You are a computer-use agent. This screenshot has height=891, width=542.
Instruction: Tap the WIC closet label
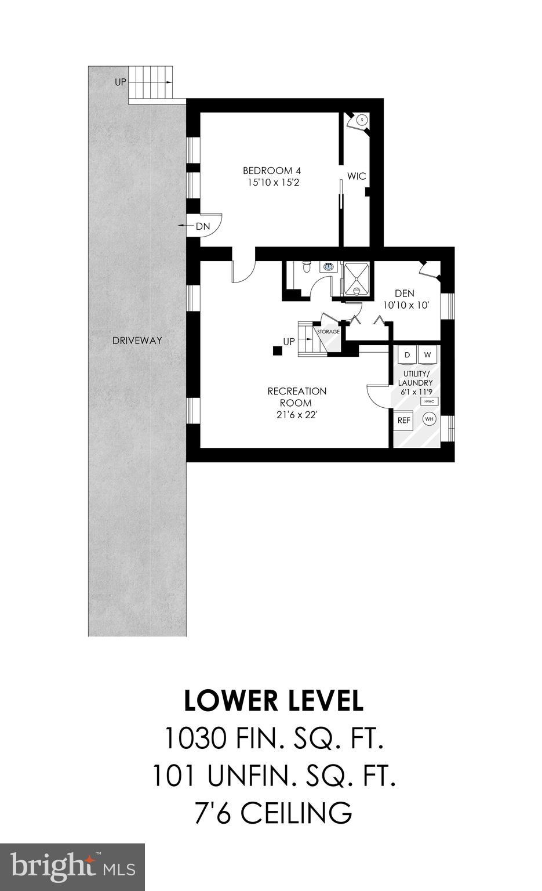point(357,176)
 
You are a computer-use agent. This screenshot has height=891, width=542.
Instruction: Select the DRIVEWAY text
point(137,341)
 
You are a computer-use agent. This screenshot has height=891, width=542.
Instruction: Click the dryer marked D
point(407,354)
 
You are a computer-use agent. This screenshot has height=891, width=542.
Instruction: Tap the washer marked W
point(428,354)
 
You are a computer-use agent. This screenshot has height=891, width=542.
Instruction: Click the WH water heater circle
point(429,419)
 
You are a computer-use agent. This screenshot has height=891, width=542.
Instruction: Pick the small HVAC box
point(429,401)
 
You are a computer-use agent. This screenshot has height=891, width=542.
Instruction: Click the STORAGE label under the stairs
point(328,332)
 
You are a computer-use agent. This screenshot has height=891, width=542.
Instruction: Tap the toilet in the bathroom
point(307,268)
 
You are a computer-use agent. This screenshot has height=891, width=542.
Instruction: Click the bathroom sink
point(329,267)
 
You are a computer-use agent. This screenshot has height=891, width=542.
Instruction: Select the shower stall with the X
point(358,280)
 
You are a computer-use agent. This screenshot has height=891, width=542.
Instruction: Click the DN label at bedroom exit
point(202,226)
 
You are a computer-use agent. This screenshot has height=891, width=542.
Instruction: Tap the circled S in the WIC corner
point(362,120)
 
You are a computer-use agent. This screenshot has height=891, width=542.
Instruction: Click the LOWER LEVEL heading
point(274,701)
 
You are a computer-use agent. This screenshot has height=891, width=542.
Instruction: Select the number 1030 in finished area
point(194,738)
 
